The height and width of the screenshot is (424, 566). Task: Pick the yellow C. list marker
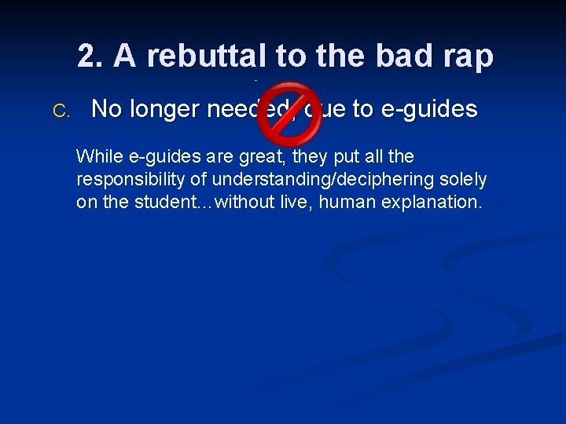point(61,111)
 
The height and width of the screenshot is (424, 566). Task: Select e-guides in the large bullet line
point(429,109)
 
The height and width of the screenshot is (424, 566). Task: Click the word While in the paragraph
point(95,157)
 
